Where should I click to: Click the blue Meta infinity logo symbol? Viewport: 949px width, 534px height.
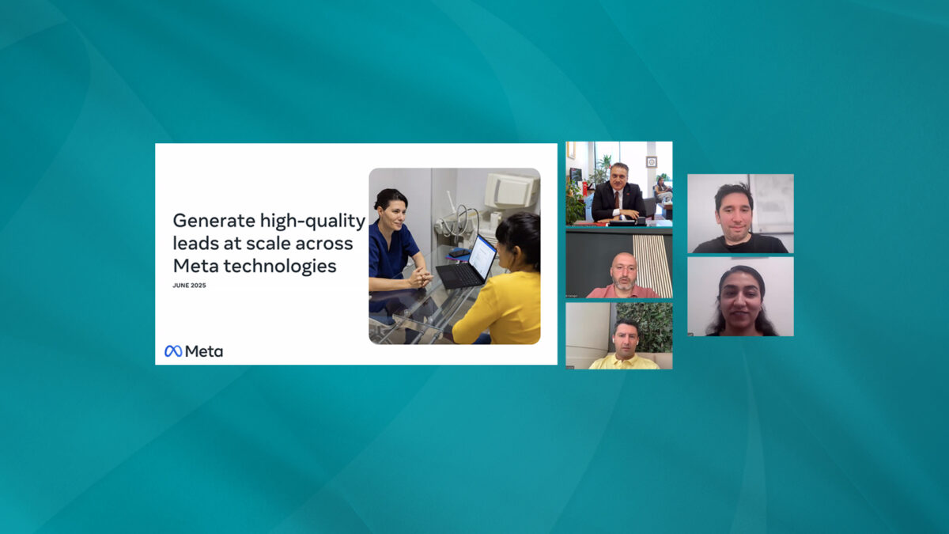(173, 351)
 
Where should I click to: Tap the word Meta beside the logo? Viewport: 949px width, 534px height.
(204, 351)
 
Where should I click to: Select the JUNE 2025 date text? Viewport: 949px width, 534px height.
(189, 286)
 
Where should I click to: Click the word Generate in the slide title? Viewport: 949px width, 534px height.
(214, 221)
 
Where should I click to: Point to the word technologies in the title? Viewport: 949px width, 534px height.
(280, 267)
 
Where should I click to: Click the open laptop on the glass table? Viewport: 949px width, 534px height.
(466, 263)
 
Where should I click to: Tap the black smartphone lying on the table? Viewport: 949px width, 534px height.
(459, 253)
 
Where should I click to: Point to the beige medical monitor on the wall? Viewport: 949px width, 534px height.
(512, 191)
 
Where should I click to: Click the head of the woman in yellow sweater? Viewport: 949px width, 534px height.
(519, 240)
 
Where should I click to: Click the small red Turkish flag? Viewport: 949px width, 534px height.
(585, 187)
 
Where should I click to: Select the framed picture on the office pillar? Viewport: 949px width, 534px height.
(651, 162)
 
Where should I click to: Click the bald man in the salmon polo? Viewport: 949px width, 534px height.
(624, 276)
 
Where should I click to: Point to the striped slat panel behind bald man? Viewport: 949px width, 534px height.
(652, 265)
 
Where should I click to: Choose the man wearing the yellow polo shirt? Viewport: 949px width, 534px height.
(625, 346)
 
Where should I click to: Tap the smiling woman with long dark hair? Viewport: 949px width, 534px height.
(741, 301)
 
